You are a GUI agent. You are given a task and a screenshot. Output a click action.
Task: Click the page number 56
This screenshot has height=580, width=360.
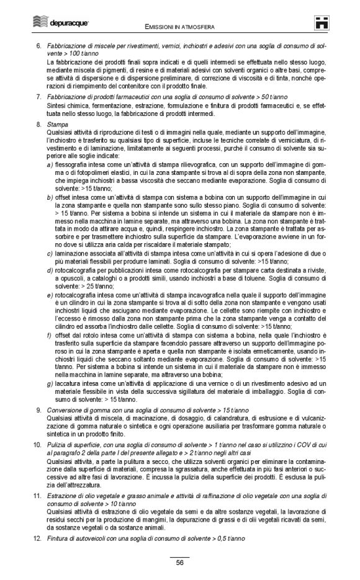(179, 563)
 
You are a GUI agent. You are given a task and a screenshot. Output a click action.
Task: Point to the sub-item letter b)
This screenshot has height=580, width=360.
(50, 197)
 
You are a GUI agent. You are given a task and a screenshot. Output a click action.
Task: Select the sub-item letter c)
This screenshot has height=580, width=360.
(50, 253)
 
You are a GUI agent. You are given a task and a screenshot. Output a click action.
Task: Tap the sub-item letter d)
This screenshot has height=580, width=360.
(50, 270)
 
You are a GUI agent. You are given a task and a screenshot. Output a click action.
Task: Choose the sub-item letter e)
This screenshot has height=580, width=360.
(50, 295)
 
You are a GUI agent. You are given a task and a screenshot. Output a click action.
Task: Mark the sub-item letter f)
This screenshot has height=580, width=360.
(50, 335)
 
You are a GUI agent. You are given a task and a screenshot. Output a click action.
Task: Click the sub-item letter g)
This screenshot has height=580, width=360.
(50, 383)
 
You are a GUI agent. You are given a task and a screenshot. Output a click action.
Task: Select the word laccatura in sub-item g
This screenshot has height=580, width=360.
(69, 383)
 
